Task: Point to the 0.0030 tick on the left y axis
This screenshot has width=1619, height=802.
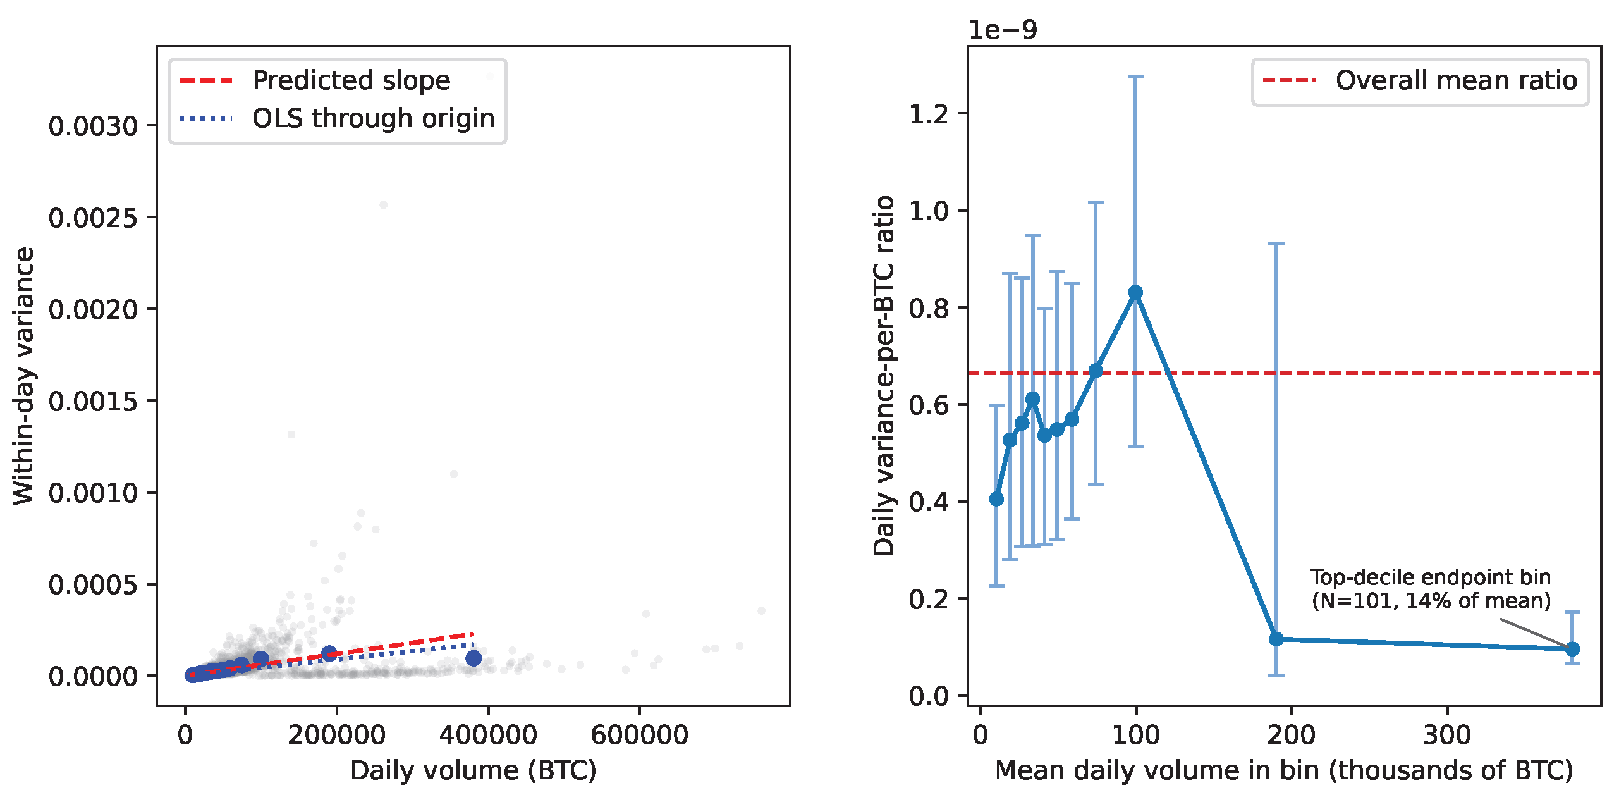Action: pyautogui.click(x=94, y=126)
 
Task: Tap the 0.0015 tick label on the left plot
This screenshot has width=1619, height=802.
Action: pyautogui.click(x=94, y=401)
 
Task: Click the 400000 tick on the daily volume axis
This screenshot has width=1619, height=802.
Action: pyautogui.click(x=488, y=735)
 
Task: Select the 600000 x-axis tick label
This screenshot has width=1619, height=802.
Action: pyautogui.click(x=639, y=735)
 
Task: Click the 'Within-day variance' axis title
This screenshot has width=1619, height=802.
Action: pyautogui.click(x=24, y=376)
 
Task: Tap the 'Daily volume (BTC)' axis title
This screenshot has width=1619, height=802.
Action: pyautogui.click(x=473, y=770)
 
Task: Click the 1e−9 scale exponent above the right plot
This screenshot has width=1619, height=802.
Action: pyautogui.click(x=1003, y=30)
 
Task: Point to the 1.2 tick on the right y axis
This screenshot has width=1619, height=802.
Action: pyautogui.click(x=929, y=114)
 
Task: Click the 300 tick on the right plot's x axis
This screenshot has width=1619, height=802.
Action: pyautogui.click(x=1446, y=735)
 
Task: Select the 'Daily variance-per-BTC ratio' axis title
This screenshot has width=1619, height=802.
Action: pyautogui.click(x=884, y=376)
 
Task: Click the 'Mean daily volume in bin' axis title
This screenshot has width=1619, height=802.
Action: pyautogui.click(x=1283, y=770)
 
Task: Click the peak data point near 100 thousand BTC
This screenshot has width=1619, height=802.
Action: pyautogui.click(x=1135, y=292)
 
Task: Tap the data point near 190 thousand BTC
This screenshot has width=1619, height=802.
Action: pyautogui.click(x=1276, y=639)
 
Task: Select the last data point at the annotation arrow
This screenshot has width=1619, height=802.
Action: pyautogui.click(x=1572, y=649)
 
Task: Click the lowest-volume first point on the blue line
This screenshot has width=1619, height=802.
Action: pyautogui.click(x=996, y=499)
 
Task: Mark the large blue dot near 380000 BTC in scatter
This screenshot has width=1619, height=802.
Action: pyautogui.click(x=473, y=658)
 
